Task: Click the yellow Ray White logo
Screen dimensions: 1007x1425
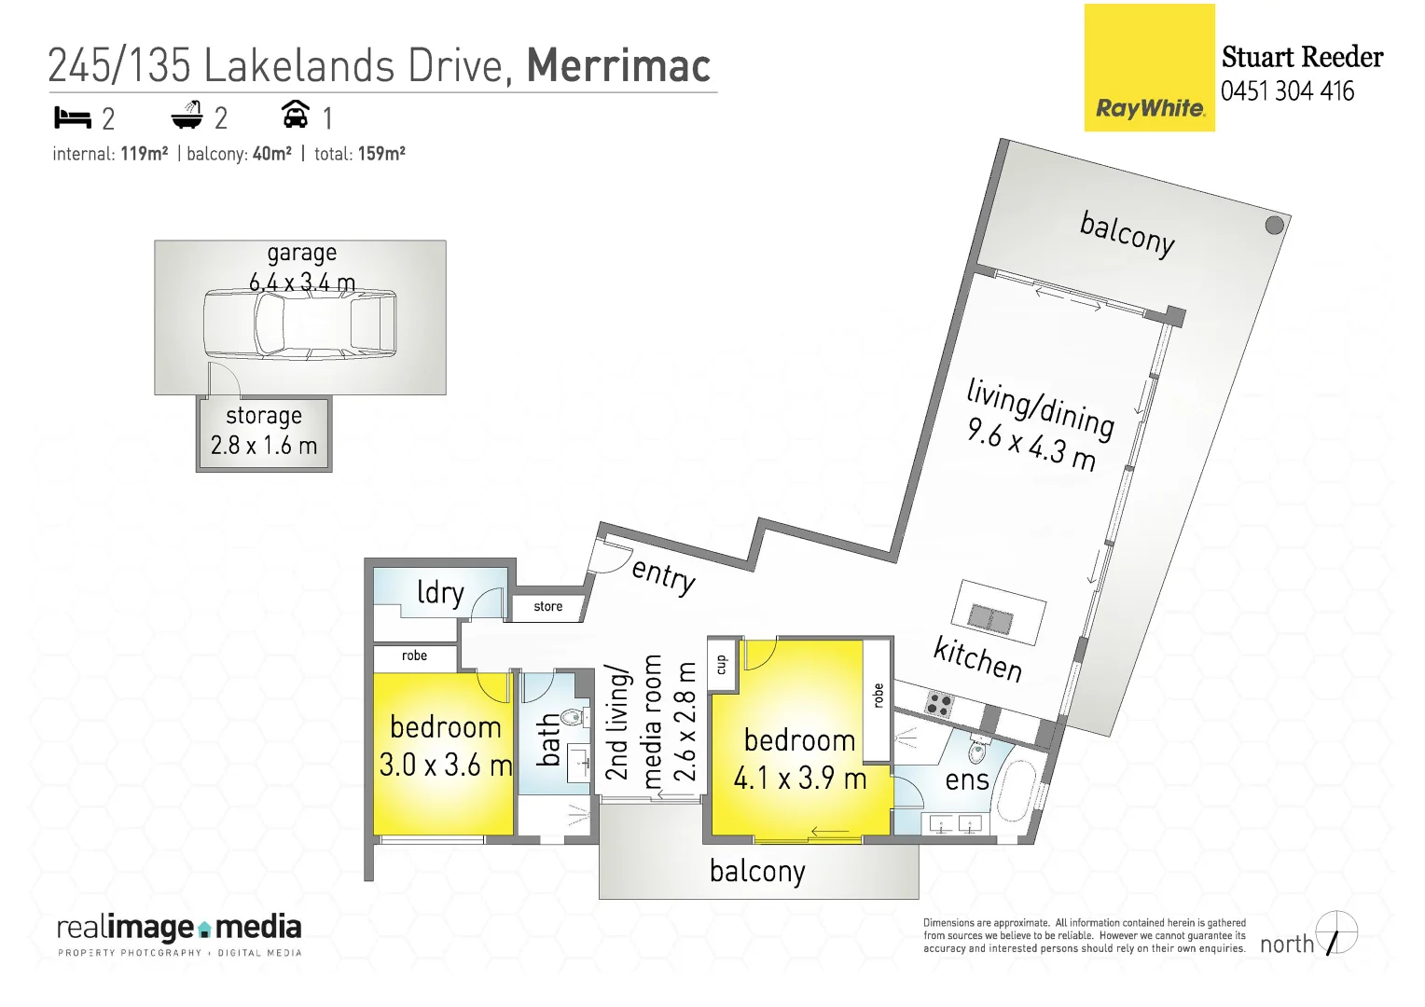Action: (x=1149, y=68)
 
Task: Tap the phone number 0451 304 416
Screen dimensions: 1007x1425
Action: (x=1287, y=91)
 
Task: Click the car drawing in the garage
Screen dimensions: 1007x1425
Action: (x=299, y=323)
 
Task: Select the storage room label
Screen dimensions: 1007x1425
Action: (x=264, y=416)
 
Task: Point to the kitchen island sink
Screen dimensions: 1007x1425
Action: (x=990, y=617)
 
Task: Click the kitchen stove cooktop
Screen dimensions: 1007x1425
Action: (x=939, y=704)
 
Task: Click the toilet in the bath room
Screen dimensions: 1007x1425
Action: (x=571, y=716)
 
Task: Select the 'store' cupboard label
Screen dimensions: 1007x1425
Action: (x=548, y=607)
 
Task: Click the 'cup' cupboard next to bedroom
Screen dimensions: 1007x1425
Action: (x=721, y=664)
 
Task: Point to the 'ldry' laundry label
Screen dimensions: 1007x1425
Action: (x=439, y=593)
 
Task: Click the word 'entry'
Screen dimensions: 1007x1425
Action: (x=664, y=573)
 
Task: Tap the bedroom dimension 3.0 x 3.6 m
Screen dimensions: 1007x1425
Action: (x=446, y=766)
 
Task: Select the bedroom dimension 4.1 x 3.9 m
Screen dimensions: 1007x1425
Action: (x=800, y=778)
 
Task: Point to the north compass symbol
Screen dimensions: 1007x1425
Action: (x=1336, y=933)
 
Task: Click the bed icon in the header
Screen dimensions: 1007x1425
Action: (x=72, y=117)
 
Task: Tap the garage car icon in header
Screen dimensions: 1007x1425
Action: (x=295, y=115)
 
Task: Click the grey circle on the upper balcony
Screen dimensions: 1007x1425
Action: (x=1274, y=225)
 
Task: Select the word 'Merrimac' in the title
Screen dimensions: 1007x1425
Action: (x=618, y=66)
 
